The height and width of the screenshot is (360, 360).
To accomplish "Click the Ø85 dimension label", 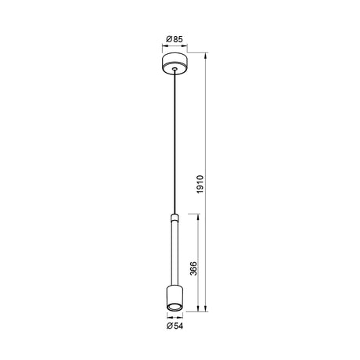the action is [x=175, y=39].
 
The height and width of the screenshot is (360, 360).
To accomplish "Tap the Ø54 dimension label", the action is [x=175, y=326].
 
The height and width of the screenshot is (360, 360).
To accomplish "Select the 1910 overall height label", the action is [x=200, y=184].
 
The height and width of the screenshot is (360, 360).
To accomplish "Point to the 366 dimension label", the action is [x=193, y=268].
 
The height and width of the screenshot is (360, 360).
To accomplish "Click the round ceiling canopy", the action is [x=175, y=63].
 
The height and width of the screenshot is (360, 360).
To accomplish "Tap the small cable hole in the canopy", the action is [x=175, y=69].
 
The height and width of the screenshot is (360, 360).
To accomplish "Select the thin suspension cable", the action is [x=175, y=142].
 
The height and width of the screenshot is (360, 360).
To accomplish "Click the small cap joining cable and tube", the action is [x=175, y=218].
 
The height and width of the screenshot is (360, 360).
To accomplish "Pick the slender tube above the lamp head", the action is [x=175, y=253].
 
